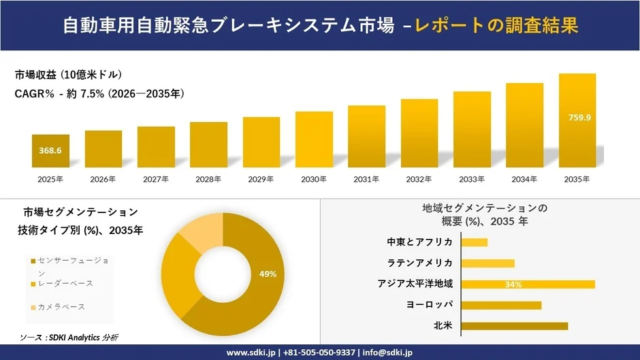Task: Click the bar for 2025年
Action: (50, 151)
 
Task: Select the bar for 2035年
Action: (577, 121)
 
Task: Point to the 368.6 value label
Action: (50, 150)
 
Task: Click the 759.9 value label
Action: (577, 116)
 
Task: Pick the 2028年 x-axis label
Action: (208, 179)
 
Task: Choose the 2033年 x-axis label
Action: (471, 179)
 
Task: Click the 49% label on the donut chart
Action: (267, 274)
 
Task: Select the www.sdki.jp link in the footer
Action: (250, 352)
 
